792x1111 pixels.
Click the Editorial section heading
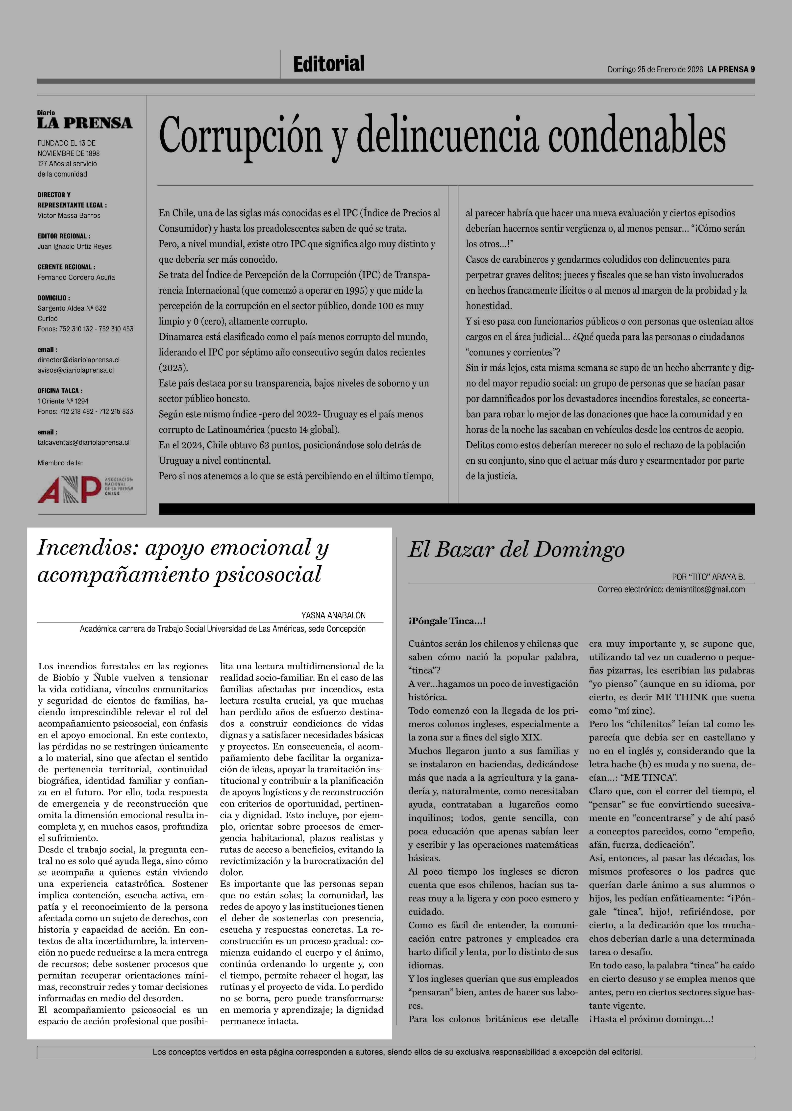pos(329,64)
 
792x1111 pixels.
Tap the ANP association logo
pos(85,489)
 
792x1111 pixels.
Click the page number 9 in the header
pos(752,69)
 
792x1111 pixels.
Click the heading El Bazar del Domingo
pos(516,550)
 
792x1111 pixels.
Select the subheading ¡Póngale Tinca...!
pos(447,621)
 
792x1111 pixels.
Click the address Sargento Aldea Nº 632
pos(72,308)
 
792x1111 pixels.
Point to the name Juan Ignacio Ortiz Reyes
pos(74,246)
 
